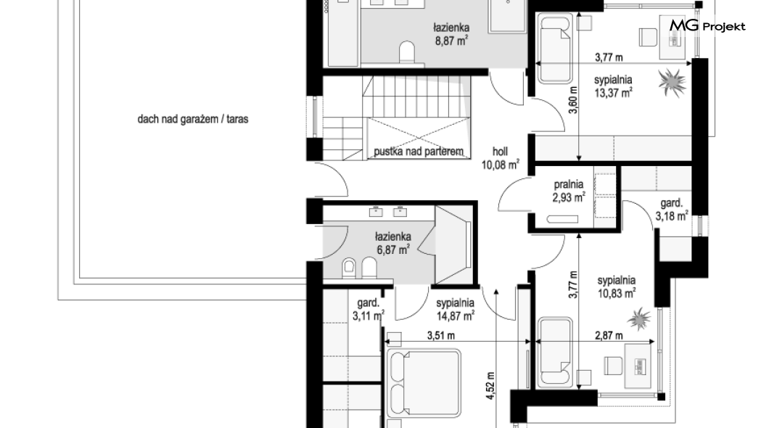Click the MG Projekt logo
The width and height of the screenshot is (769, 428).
(707, 25)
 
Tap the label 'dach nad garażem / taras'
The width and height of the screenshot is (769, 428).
(193, 119)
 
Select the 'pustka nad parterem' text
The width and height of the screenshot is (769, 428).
(419, 152)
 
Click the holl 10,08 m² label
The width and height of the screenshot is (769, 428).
(501, 158)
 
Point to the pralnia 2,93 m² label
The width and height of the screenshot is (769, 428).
(569, 192)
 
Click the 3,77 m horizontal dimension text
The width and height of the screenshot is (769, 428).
(609, 57)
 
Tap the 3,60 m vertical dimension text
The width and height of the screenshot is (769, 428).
(573, 100)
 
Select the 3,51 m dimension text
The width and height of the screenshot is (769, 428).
(440, 336)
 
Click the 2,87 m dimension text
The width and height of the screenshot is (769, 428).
(609, 336)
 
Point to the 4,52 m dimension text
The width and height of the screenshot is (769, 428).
(490, 386)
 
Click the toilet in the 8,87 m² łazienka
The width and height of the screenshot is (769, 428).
(406, 52)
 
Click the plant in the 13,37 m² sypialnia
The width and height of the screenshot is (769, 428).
(671, 83)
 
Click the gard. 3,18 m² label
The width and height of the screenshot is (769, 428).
(672, 210)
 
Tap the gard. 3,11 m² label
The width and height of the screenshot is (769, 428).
(369, 310)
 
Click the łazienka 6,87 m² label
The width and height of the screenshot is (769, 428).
(393, 244)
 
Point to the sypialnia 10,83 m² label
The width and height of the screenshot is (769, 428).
(617, 287)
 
